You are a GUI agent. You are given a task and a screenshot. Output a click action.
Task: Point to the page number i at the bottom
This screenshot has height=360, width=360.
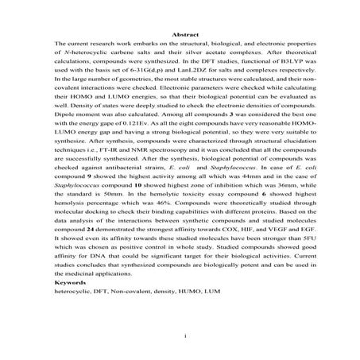pyautogui.click(x=184, y=335)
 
